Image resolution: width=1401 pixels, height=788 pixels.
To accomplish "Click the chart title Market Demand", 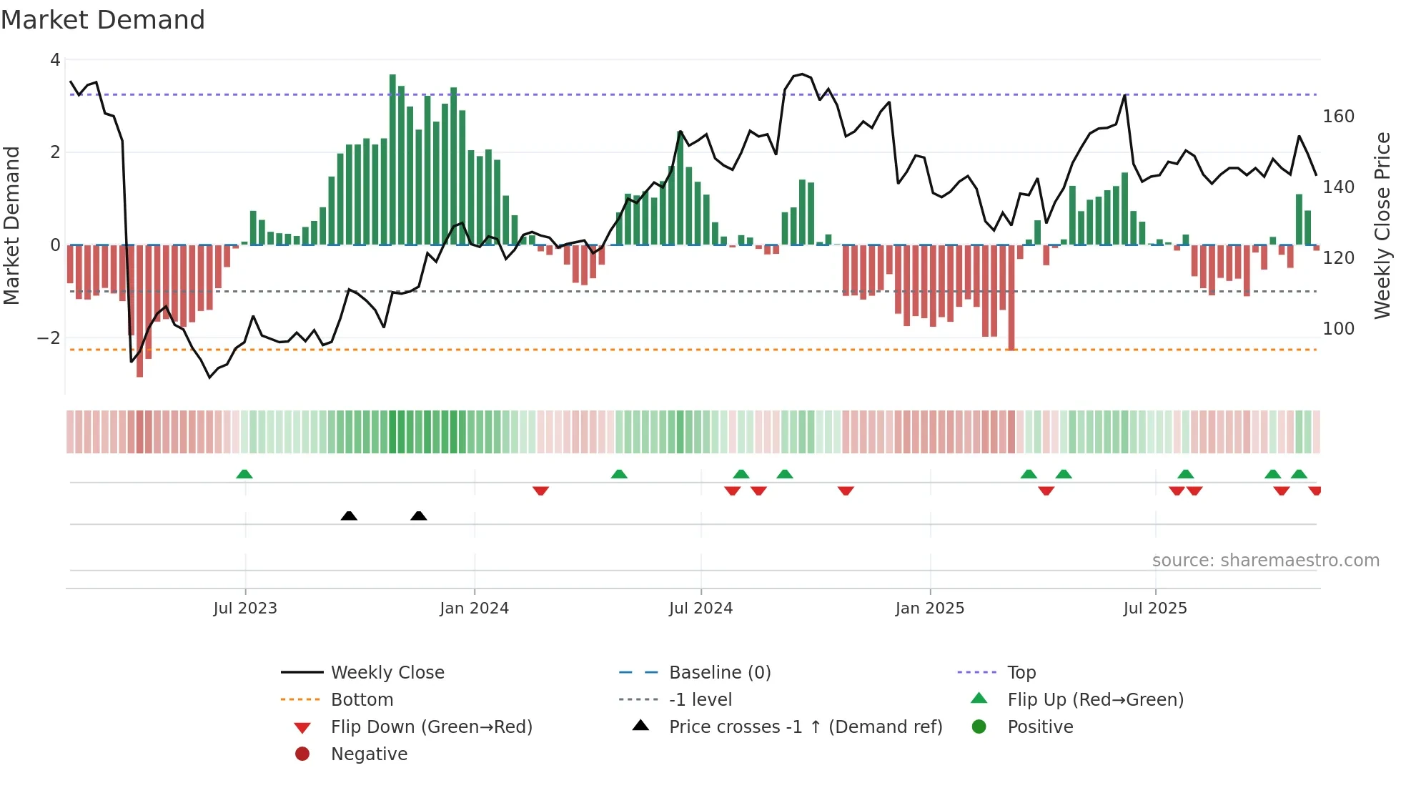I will coord(103,20).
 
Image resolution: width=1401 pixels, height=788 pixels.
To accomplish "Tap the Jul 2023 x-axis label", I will coord(245,609).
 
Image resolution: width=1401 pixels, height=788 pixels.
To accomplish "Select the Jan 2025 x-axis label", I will coord(929,609).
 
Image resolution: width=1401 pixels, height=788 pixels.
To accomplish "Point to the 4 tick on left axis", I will coord(55,60).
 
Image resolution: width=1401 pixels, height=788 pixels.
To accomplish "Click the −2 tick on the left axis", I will coord(49,338).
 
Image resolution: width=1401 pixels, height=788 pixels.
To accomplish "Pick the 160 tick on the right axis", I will coord(1338,117).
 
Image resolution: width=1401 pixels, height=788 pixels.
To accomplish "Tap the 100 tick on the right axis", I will coord(1338,329).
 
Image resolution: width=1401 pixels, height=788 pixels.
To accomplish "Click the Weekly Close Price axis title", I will coord(1382,225).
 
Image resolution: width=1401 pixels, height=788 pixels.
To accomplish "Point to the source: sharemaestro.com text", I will coord(1265,561).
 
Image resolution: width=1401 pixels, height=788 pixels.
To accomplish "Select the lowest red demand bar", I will coord(139,311).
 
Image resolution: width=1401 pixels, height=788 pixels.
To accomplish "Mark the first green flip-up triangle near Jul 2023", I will coord(244,474).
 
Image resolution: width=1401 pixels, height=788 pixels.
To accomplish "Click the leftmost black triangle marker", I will coord(349,516).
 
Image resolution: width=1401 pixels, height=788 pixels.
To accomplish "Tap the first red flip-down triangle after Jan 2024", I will coord(540,491).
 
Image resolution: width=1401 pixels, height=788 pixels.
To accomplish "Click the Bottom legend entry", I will coord(362,700).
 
